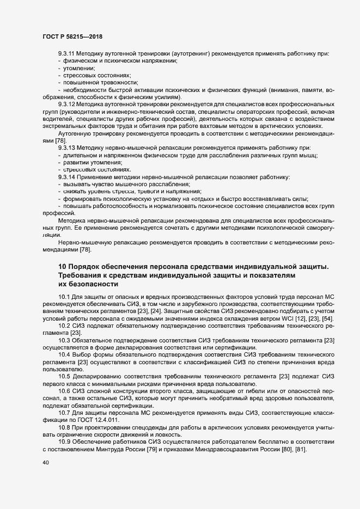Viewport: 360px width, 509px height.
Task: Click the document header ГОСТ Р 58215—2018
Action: point(72,36)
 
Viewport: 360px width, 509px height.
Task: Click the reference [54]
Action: point(326,318)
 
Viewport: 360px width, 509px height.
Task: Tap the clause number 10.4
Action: point(65,354)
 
